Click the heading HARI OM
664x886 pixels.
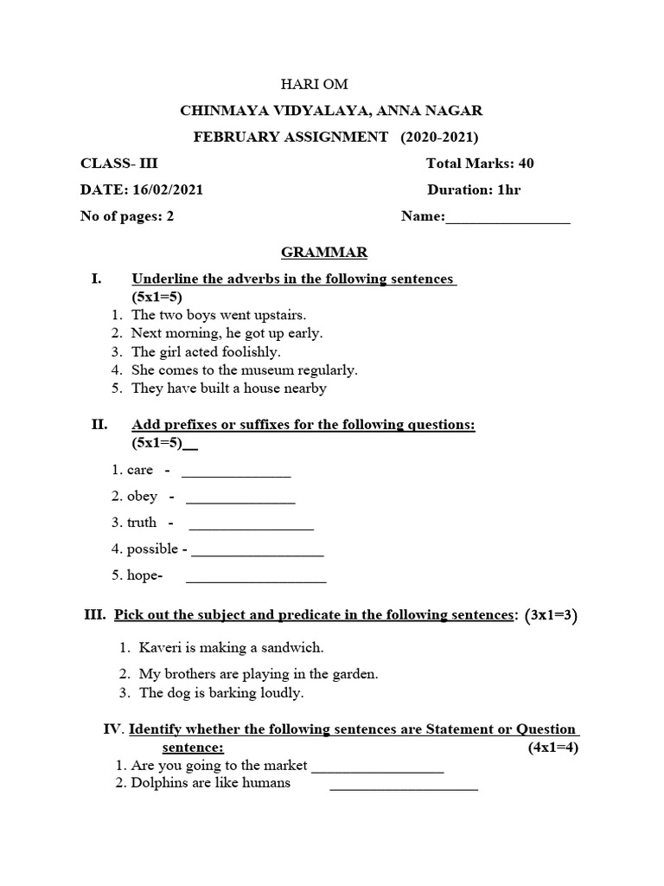pyautogui.click(x=314, y=84)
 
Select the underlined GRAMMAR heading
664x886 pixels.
pyautogui.click(x=324, y=252)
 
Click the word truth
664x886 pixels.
pyautogui.click(x=142, y=523)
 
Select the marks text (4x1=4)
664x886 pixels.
pyautogui.click(x=552, y=748)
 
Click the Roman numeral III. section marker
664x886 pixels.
pyautogui.click(x=94, y=615)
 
